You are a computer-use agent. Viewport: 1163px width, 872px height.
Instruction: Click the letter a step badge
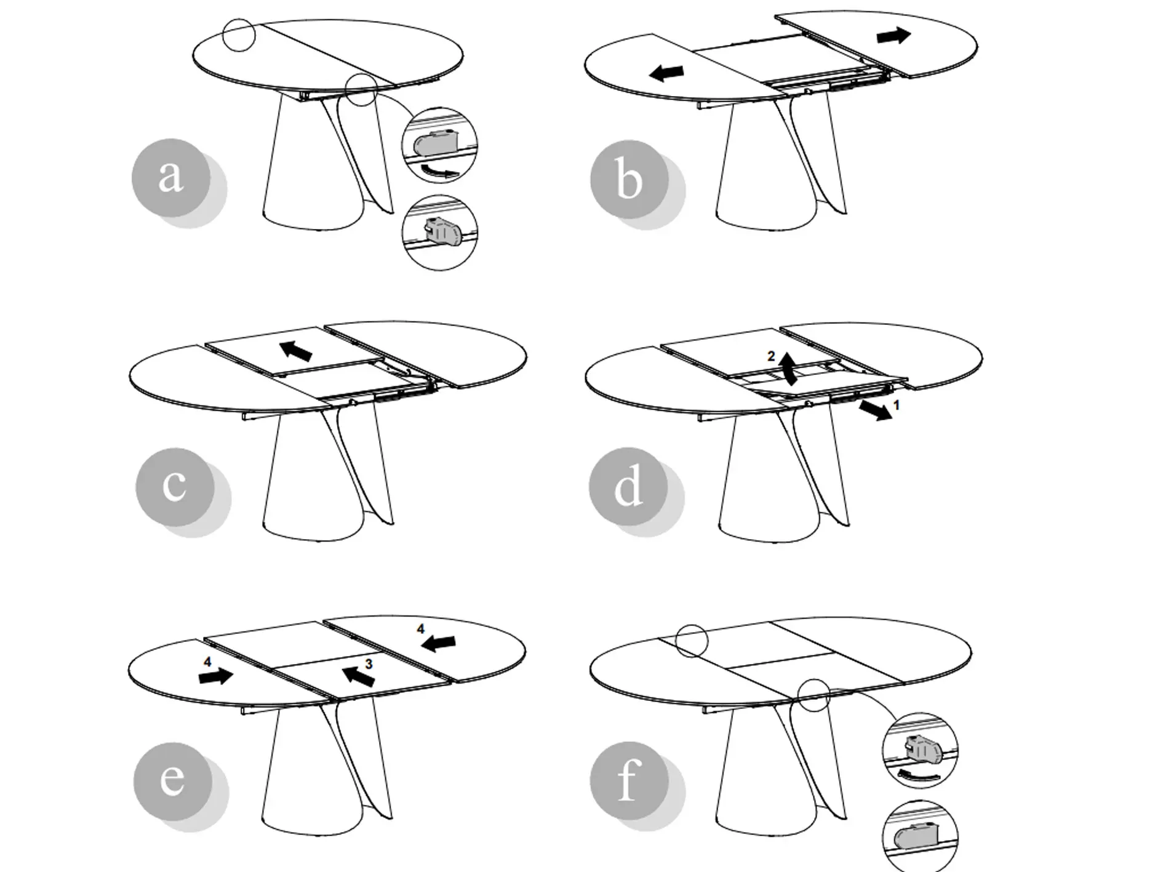tap(172, 177)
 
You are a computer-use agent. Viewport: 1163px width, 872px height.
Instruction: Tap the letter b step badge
tap(629, 180)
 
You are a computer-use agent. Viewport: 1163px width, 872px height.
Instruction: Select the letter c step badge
tap(175, 487)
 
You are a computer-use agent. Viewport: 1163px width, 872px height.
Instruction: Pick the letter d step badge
tap(628, 487)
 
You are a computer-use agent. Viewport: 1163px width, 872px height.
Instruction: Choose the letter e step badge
tap(173, 781)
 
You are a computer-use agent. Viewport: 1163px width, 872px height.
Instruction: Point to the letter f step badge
tap(629, 781)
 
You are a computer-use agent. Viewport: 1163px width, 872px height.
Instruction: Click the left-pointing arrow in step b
tap(666, 73)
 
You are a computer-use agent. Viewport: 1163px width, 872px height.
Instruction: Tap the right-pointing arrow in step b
tap(893, 36)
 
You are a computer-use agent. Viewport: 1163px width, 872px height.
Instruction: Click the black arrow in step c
tap(296, 351)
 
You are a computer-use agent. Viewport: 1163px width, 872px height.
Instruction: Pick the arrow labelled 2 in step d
tap(788, 367)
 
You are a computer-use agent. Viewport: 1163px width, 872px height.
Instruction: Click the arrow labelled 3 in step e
tap(358, 676)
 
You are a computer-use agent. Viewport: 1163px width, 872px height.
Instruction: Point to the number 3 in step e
tap(369, 664)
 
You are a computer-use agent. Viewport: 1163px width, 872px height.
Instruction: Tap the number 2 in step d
tap(771, 356)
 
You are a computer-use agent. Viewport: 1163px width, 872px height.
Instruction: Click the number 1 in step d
tap(897, 405)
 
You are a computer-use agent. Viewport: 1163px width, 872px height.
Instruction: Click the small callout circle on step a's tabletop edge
tap(239, 35)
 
